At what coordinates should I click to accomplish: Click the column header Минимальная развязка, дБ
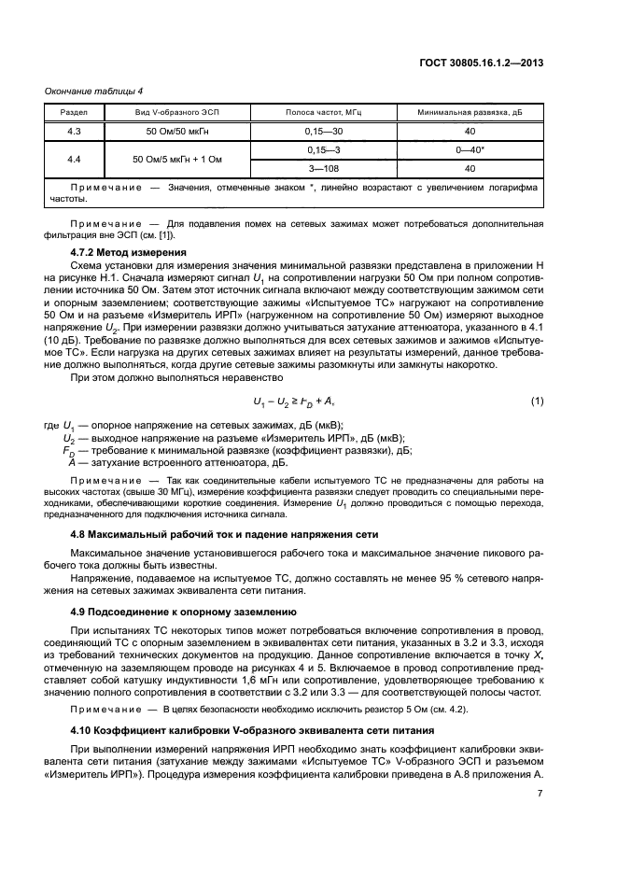point(470,112)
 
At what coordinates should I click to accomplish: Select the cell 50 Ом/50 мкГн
point(177,131)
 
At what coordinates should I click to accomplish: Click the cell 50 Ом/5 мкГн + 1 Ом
point(177,159)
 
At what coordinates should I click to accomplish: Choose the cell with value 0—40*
point(470,149)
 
